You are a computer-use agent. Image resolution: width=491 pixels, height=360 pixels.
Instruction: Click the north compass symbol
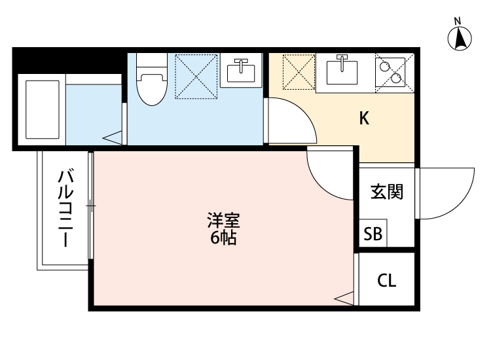click(x=460, y=37)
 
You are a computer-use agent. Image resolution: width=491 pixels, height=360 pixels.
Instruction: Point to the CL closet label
click(x=387, y=281)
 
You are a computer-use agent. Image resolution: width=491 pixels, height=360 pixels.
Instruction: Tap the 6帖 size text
click(x=223, y=238)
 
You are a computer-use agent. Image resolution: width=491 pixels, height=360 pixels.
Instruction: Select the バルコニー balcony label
click(x=66, y=208)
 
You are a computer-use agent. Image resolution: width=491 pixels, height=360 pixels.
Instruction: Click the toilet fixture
click(x=151, y=81)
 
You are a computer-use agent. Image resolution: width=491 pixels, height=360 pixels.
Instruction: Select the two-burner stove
click(x=391, y=71)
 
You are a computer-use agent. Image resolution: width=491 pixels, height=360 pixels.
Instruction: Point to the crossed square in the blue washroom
click(x=194, y=73)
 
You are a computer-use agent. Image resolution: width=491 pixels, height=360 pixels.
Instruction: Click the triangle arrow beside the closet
click(x=344, y=298)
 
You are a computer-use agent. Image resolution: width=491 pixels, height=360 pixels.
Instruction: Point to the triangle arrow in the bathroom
click(x=113, y=137)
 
